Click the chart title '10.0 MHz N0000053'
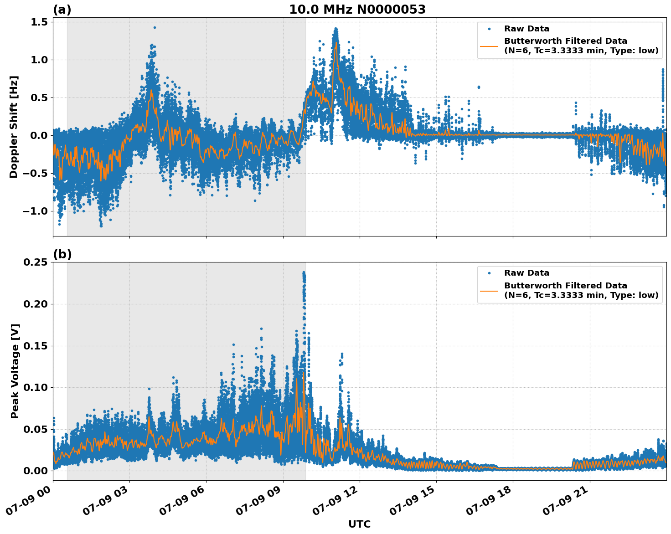point(357,10)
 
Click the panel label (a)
point(62,10)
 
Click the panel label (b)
point(62,254)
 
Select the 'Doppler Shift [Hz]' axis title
point(14,127)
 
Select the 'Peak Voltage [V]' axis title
point(15,371)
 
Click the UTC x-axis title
point(359,524)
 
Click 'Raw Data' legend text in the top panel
point(526,29)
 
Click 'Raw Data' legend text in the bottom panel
point(526,273)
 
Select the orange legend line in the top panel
point(489,46)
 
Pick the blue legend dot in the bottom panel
point(489,273)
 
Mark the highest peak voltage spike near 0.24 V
point(304,273)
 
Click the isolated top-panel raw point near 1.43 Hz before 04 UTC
point(155,27)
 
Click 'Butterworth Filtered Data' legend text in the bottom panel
point(565,286)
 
